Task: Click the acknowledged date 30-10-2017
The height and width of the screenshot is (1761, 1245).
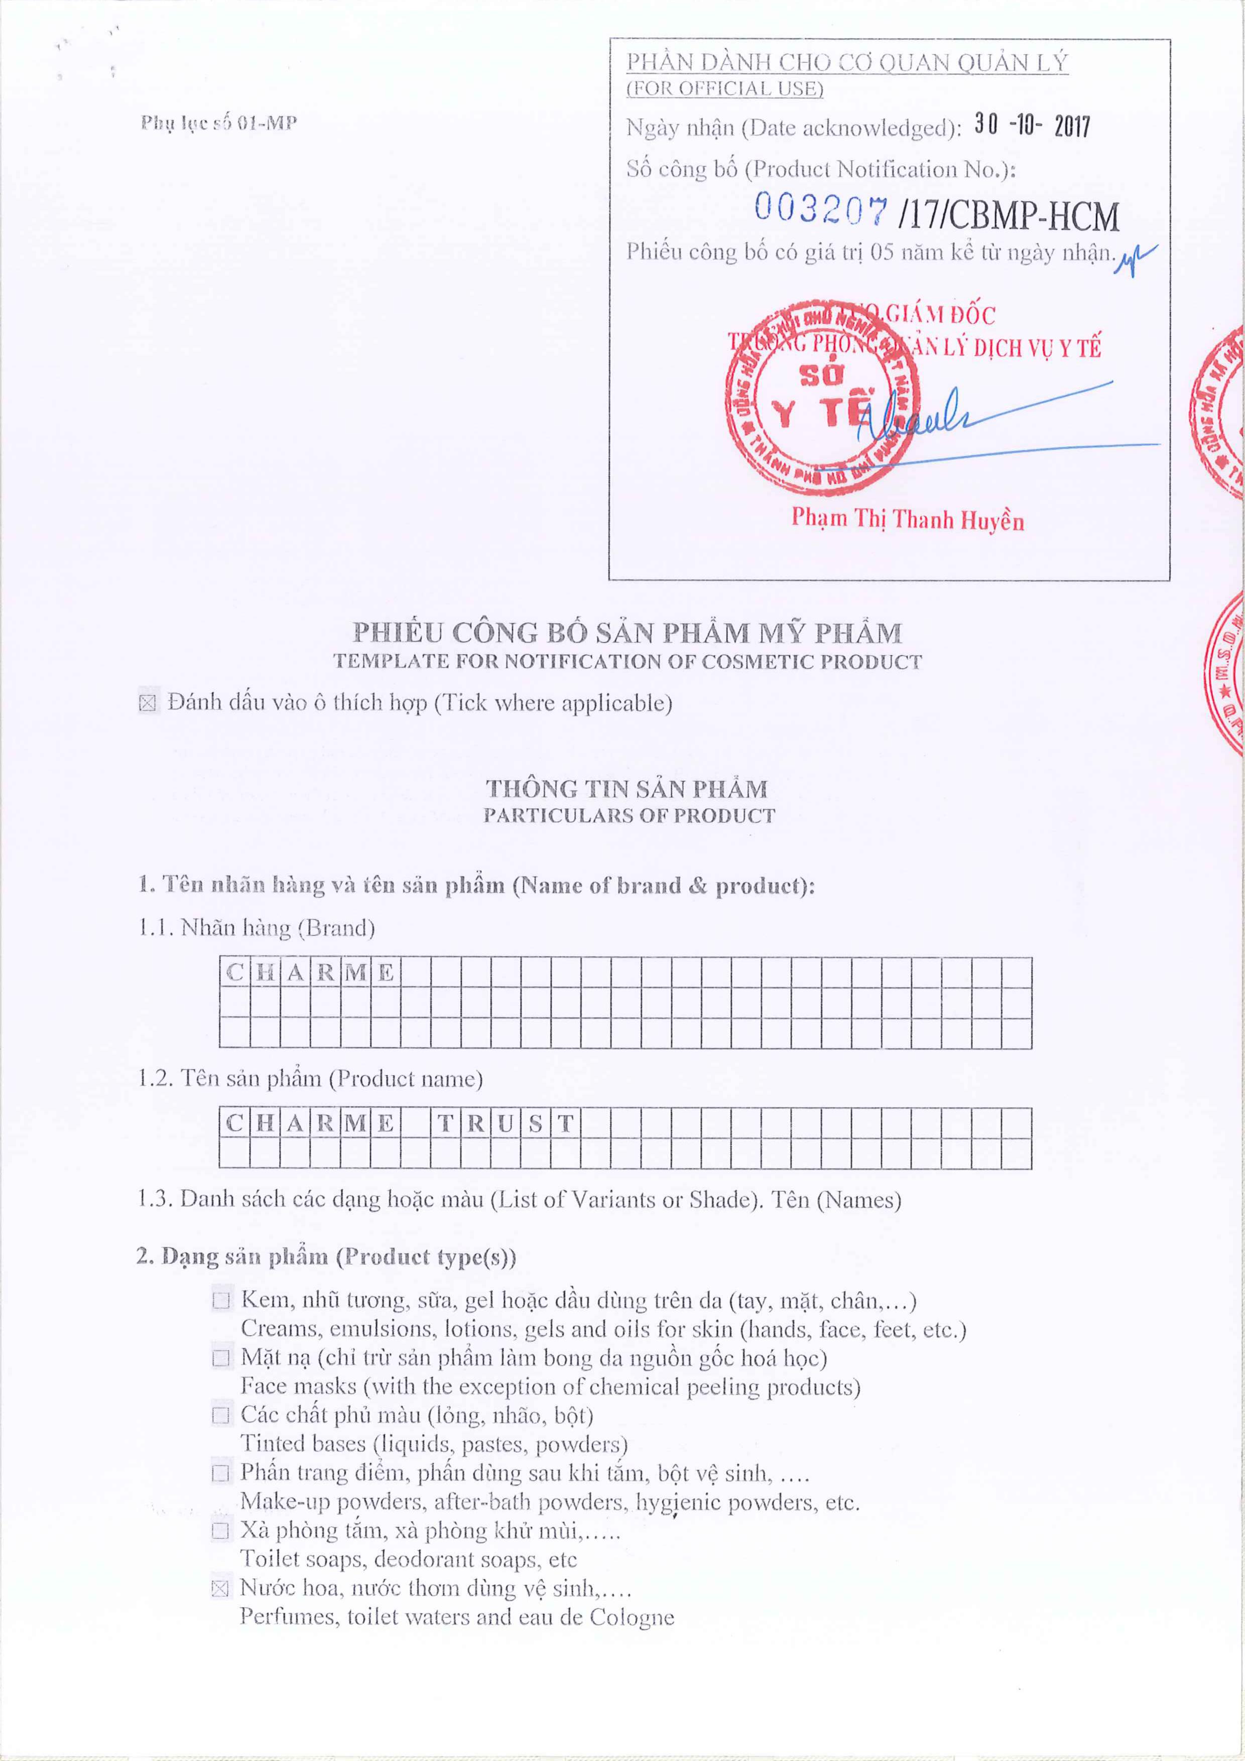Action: click(x=1031, y=126)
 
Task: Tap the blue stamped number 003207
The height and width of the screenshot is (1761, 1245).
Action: click(x=820, y=208)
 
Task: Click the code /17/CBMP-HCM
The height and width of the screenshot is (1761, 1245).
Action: click(x=1009, y=216)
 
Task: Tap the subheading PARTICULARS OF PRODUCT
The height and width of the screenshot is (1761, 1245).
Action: click(x=629, y=815)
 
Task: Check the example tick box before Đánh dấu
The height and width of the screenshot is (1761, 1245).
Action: click(x=148, y=703)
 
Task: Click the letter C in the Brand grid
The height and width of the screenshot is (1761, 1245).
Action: click(x=235, y=972)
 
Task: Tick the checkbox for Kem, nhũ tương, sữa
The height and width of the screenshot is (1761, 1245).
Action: click(x=221, y=1300)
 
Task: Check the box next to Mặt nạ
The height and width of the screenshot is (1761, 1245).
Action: click(x=221, y=1358)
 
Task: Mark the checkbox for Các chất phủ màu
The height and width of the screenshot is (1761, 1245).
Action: click(x=221, y=1415)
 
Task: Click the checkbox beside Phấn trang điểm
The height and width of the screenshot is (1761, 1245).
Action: click(x=221, y=1473)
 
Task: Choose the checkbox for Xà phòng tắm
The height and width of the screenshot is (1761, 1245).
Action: click(x=221, y=1532)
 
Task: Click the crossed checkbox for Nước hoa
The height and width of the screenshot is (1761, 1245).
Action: click(x=220, y=1588)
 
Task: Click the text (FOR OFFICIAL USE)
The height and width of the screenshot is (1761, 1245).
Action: click(x=725, y=89)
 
